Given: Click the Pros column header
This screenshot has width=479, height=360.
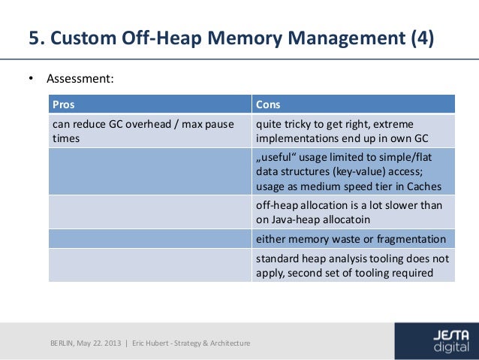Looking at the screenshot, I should pos(64,104).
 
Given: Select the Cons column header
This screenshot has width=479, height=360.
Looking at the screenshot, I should pos(268,104).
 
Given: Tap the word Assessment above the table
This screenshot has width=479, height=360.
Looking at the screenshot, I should pos(80,78).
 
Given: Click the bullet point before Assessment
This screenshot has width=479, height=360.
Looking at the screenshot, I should pos(31,78).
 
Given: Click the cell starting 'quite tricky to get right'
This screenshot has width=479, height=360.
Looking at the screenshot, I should pos(353,131).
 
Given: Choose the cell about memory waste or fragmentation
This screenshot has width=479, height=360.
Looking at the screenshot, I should pos(353,240).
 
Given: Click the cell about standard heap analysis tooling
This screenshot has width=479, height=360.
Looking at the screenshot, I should pos(353,265).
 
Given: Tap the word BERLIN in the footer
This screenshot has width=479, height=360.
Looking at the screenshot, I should pos(64,343).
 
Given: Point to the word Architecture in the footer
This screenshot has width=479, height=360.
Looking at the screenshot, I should pos(230,343).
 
